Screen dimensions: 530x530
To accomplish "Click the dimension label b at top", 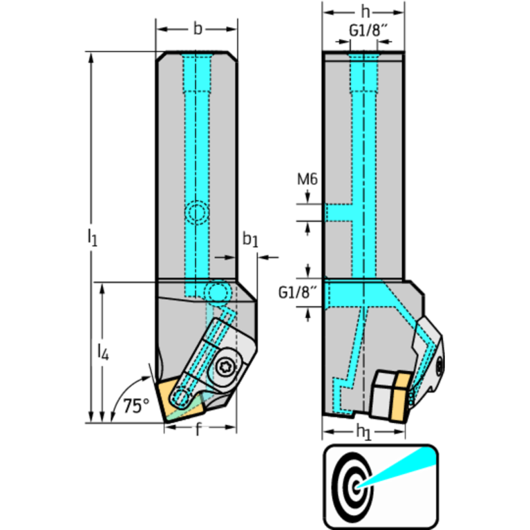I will tap(198, 29).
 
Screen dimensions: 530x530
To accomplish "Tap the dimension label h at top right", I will tap(364, 13).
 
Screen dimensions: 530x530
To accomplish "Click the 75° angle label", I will tap(136, 406).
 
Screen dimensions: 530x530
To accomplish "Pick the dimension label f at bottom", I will tap(199, 430).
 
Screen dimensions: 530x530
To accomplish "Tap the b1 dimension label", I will tap(249, 240).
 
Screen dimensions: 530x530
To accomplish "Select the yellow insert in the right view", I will tap(399, 397).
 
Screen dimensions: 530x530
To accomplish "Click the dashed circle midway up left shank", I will tap(198, 213).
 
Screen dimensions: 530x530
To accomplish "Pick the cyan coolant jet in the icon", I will tap(401, 467).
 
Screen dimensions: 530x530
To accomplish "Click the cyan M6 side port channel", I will tap(338, 212).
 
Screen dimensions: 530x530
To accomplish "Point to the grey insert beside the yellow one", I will tap(381, 395).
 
